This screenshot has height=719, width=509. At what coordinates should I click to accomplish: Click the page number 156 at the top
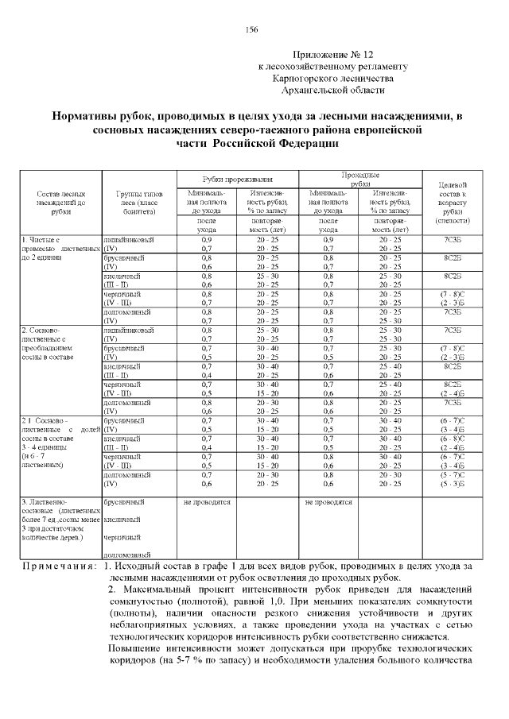[x=252, y=29]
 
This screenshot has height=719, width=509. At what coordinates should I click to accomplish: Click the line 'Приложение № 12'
[x=332, y=56]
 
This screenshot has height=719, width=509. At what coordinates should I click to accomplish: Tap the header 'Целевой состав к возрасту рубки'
[x=453, y=203]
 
